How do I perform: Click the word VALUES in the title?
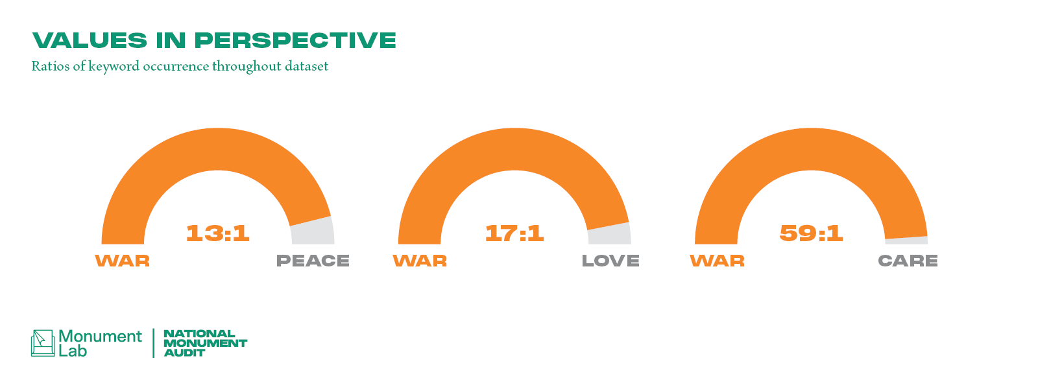pos(90,40)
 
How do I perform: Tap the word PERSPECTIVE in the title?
pos(296,40)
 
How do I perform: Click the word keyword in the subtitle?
pos(114,67)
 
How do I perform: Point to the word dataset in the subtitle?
pos(307,66)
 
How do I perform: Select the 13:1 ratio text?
pos(218,233)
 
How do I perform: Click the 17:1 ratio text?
pos(514,233)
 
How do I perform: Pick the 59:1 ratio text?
pos(811,233)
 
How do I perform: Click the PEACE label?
pos(313,261)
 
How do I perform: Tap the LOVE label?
pos(610,261)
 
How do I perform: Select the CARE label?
pos(908,261)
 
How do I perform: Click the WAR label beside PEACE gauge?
pos(123,261)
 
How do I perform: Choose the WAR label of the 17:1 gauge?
pos(420,261)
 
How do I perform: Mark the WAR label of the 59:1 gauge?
pos(718,261)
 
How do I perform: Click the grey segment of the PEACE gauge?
pos(313,231)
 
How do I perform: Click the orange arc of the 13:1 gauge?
pos(218,149)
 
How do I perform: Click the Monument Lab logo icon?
pos(43,343)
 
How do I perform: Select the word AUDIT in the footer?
pos(184,353)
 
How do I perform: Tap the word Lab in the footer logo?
pos(73,351)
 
